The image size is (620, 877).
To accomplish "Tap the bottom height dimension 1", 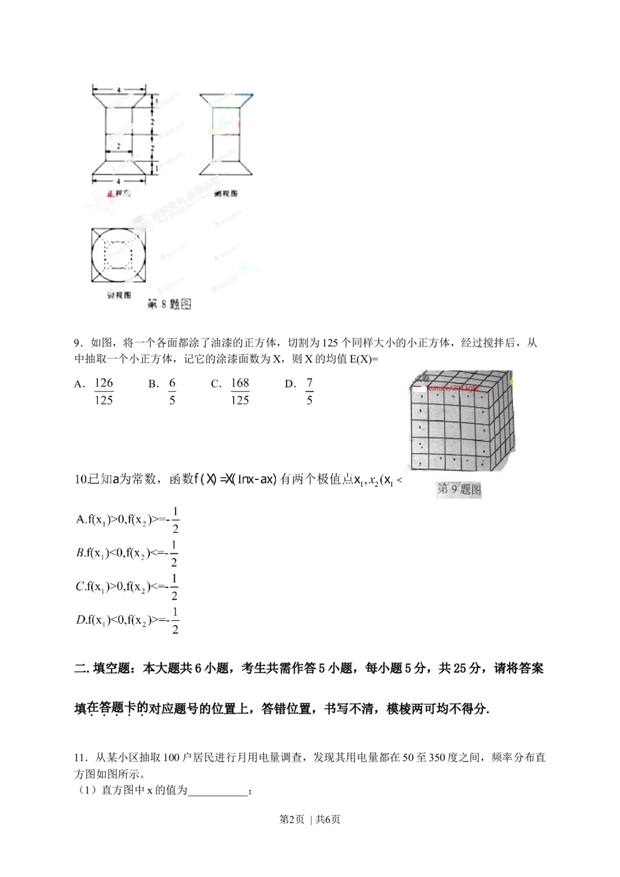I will tap(157, 167).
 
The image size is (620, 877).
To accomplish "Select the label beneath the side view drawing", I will tap(226, 194).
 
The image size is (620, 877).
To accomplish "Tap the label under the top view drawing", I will tap(119, 295).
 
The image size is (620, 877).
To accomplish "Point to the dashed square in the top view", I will tap(119, 255).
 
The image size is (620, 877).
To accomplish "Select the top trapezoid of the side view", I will tap(226, 100).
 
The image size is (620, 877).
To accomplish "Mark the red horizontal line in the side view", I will tap(226, 133).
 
